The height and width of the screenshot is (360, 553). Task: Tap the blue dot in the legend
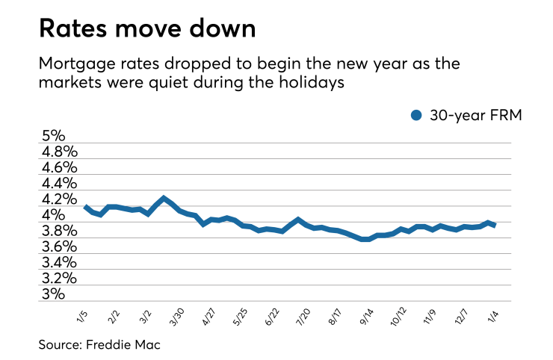coord(417,115)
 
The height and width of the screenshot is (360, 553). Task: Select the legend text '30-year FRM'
coord(469,115)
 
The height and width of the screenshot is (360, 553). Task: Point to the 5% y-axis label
coord(54,137)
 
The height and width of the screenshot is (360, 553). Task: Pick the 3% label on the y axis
coord(54,294)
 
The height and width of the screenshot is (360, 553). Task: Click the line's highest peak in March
coord(164,199)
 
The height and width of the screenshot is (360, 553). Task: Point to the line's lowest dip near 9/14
coord(365,239)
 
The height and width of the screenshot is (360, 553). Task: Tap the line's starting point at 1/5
coord(86,207)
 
